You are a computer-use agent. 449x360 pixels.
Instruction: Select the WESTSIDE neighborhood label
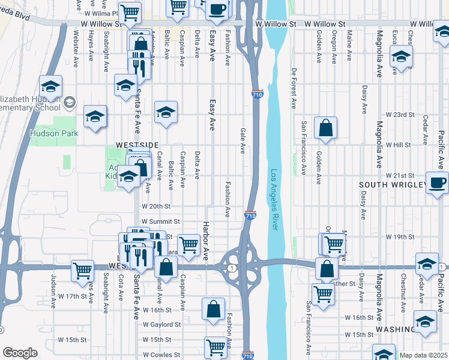tap(137, 145)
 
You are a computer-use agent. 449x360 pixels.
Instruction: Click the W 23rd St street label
tap(400, 114)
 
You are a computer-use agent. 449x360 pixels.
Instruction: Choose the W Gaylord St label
tap(161, 324)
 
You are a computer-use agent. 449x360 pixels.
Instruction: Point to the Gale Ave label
tap(243, 140)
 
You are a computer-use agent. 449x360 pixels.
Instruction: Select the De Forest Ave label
tap(294, 88)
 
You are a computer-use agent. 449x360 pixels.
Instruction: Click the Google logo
tap(19, 353)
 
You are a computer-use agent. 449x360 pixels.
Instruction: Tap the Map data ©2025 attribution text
tap(424, 355)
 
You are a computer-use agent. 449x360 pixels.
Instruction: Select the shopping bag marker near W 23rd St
tap(325, 127)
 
